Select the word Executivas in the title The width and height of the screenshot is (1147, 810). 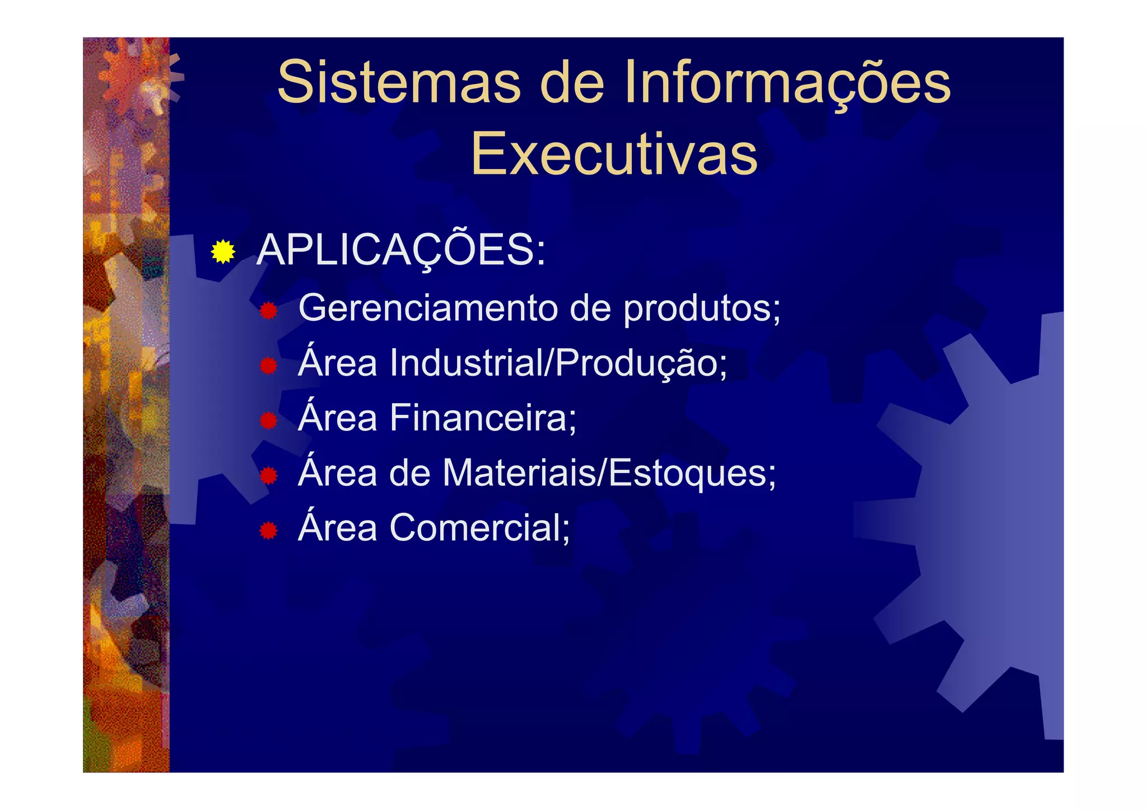click(614, 153)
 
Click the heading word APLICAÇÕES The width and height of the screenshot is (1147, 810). click(400, 250)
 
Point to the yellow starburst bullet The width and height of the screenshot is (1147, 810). click(223, 251)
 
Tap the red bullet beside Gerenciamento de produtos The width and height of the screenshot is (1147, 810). click(269, 311)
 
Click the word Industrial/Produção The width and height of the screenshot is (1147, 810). click(558, 363)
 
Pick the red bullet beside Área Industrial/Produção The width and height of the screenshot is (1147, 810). click(269, 366)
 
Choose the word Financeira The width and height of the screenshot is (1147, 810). click(483, 418)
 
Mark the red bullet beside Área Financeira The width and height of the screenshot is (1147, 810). click(269, 420)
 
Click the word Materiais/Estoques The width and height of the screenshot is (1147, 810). click(609, 473)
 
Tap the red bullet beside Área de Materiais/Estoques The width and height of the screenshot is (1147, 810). click(269, 475)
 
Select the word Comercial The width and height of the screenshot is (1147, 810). click(479, 527)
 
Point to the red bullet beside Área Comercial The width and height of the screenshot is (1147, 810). click(269, 530)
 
